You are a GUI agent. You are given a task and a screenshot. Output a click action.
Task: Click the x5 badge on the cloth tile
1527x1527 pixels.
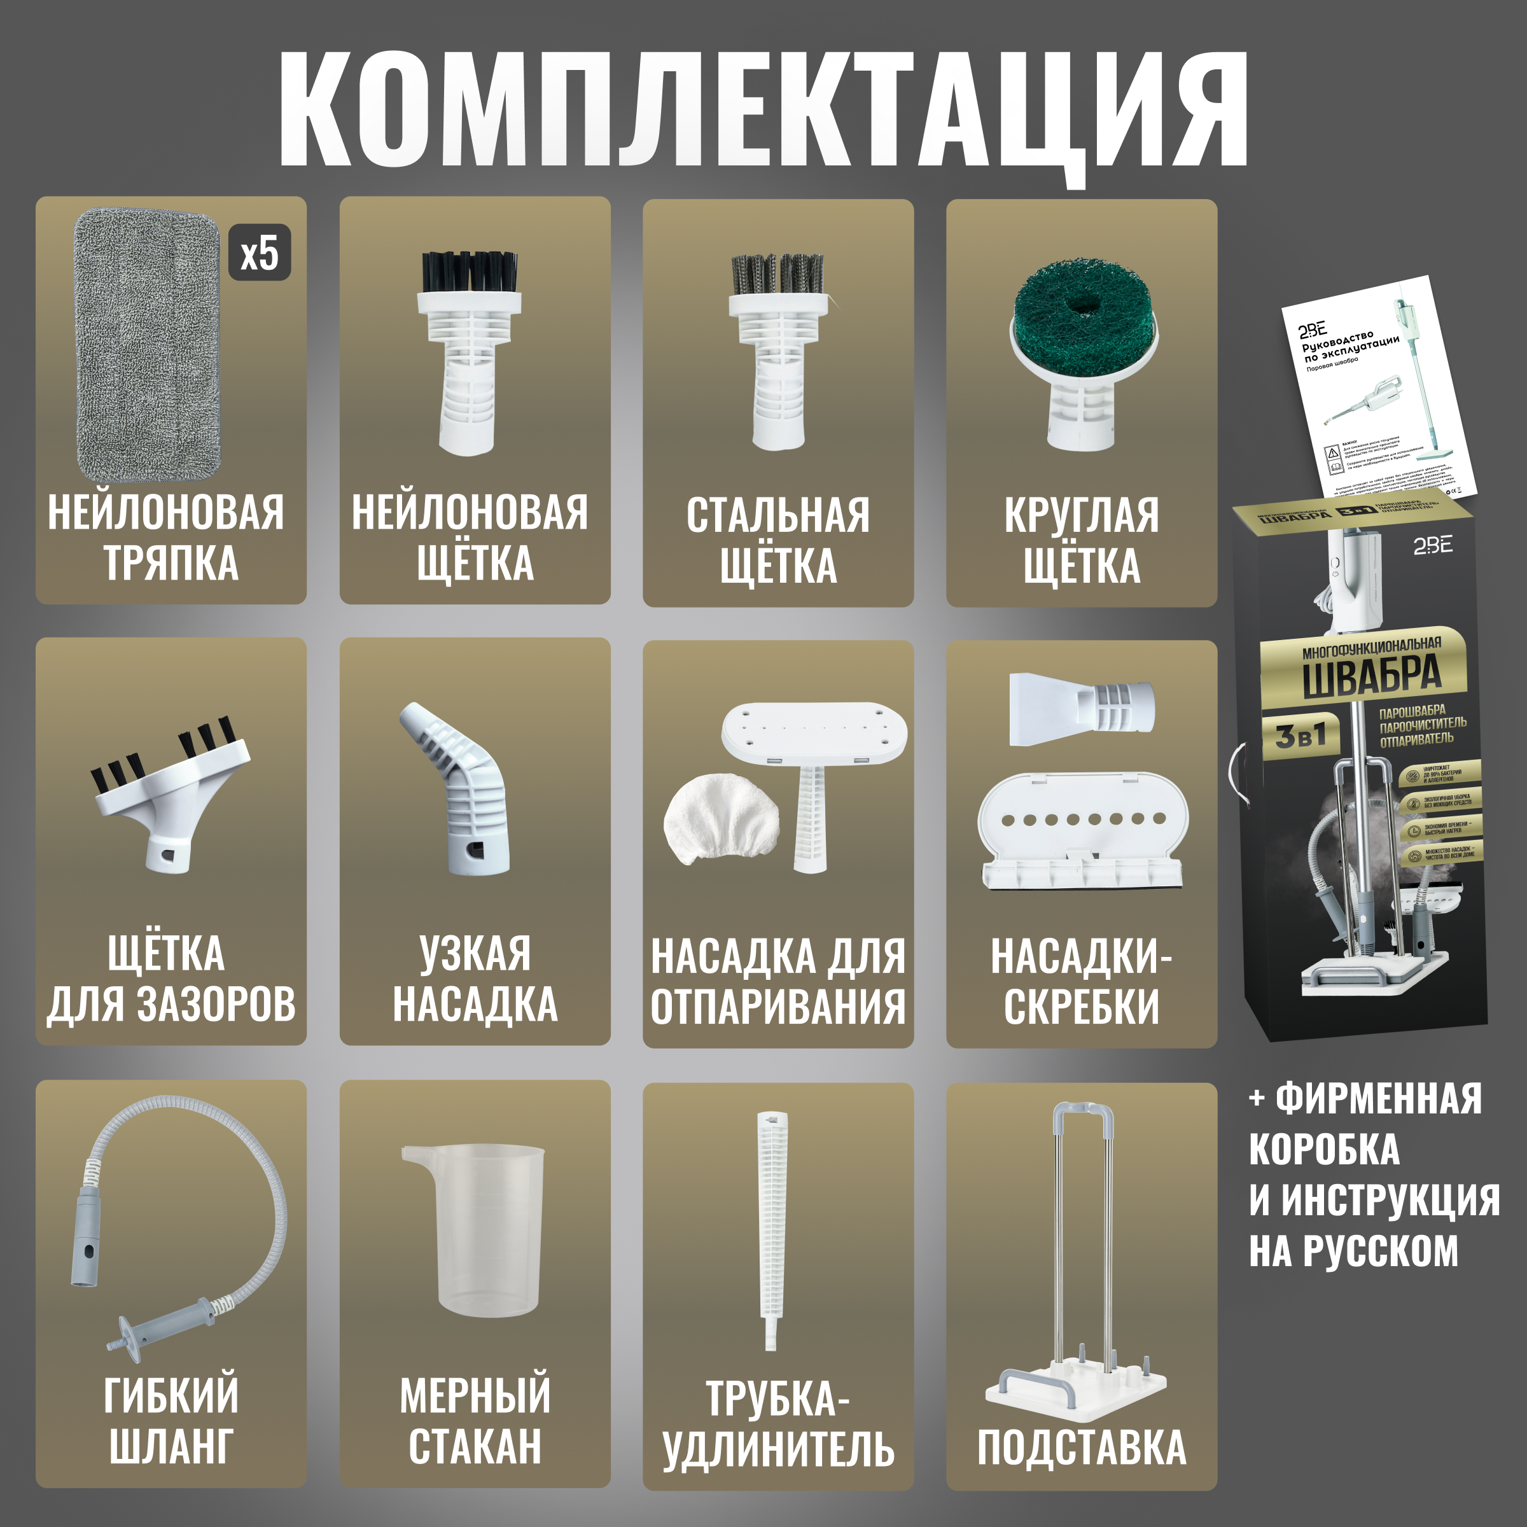tap(259, 253)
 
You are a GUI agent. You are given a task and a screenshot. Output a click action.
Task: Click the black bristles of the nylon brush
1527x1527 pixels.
tap(469, 271)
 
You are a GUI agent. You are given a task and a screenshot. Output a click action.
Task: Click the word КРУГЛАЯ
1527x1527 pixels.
tap(1081, 516)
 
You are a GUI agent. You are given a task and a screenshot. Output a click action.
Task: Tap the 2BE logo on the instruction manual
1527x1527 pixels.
tap(1312, 330)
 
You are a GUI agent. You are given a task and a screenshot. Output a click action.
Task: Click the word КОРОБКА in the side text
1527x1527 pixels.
tap(1324, 1150)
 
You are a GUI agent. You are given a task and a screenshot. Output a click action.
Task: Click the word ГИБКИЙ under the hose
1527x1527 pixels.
tap(171, 1397)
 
